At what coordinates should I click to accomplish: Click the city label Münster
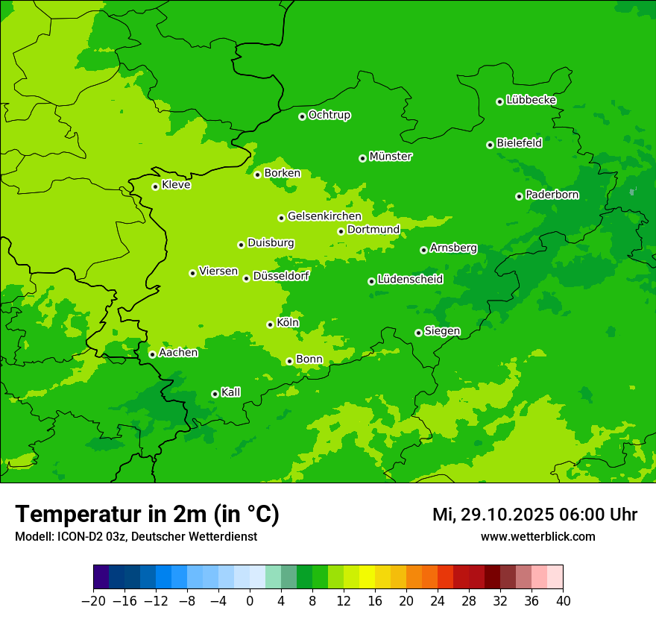click(391, 157)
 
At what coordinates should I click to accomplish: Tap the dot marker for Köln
click(270, 324)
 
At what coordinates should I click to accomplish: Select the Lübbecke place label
click(531, 100)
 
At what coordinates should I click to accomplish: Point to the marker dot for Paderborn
click(519, 196)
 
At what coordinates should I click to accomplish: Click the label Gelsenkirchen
click(324, 216)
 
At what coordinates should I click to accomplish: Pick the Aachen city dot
click(152, 354)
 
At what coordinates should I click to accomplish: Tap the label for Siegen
click(442, 331)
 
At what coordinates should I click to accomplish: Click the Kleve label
click(176, 185)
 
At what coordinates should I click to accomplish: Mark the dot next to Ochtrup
click(302, 116)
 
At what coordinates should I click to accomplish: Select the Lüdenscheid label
click(410, 280)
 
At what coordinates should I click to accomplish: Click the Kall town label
click(231, 392)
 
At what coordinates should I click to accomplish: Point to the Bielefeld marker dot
click(490, 145)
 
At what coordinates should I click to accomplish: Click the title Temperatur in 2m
click(147, 514)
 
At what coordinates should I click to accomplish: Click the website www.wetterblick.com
click(537, 536)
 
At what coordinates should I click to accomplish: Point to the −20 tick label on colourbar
click(93, 601)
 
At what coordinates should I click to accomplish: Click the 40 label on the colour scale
click(563, 601)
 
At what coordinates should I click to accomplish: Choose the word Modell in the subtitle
click(32, 536)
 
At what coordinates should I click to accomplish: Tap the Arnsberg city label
click(453, 248)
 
